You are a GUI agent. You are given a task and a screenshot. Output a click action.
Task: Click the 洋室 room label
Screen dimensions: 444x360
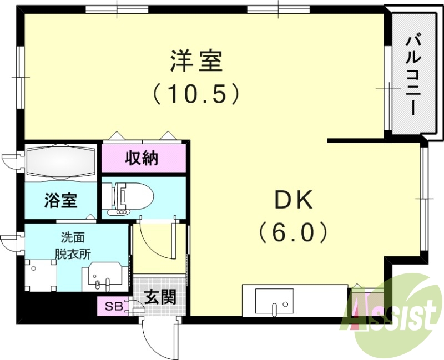tap(196, 60)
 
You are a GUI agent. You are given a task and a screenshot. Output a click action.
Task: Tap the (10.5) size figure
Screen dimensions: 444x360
tap(196, 94)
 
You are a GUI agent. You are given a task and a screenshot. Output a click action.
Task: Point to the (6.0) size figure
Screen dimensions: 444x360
tap(294, 232)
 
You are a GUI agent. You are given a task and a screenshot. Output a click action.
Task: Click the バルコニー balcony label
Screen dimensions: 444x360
tap(413, 77)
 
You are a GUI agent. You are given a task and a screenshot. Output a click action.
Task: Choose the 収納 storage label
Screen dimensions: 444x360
tap(142, 159)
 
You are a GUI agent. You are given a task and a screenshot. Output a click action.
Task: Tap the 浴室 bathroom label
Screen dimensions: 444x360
tap(60, 200)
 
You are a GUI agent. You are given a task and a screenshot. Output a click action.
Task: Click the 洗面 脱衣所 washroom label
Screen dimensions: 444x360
tap(73, 246)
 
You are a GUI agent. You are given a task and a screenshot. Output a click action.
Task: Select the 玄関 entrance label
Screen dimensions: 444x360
tap(160, 297)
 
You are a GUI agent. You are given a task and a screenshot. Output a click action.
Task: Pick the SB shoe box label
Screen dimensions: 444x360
tap(114, 306)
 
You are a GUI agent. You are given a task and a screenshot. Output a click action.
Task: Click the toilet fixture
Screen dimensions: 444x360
tap(129, 196)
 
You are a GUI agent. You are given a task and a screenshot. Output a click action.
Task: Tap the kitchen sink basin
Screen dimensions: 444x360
tap(274, 301)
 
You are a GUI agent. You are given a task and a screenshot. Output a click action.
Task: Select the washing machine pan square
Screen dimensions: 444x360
tap(41, 276)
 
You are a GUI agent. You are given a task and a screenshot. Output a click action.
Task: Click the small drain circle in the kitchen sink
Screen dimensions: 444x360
tap(285, 305)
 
